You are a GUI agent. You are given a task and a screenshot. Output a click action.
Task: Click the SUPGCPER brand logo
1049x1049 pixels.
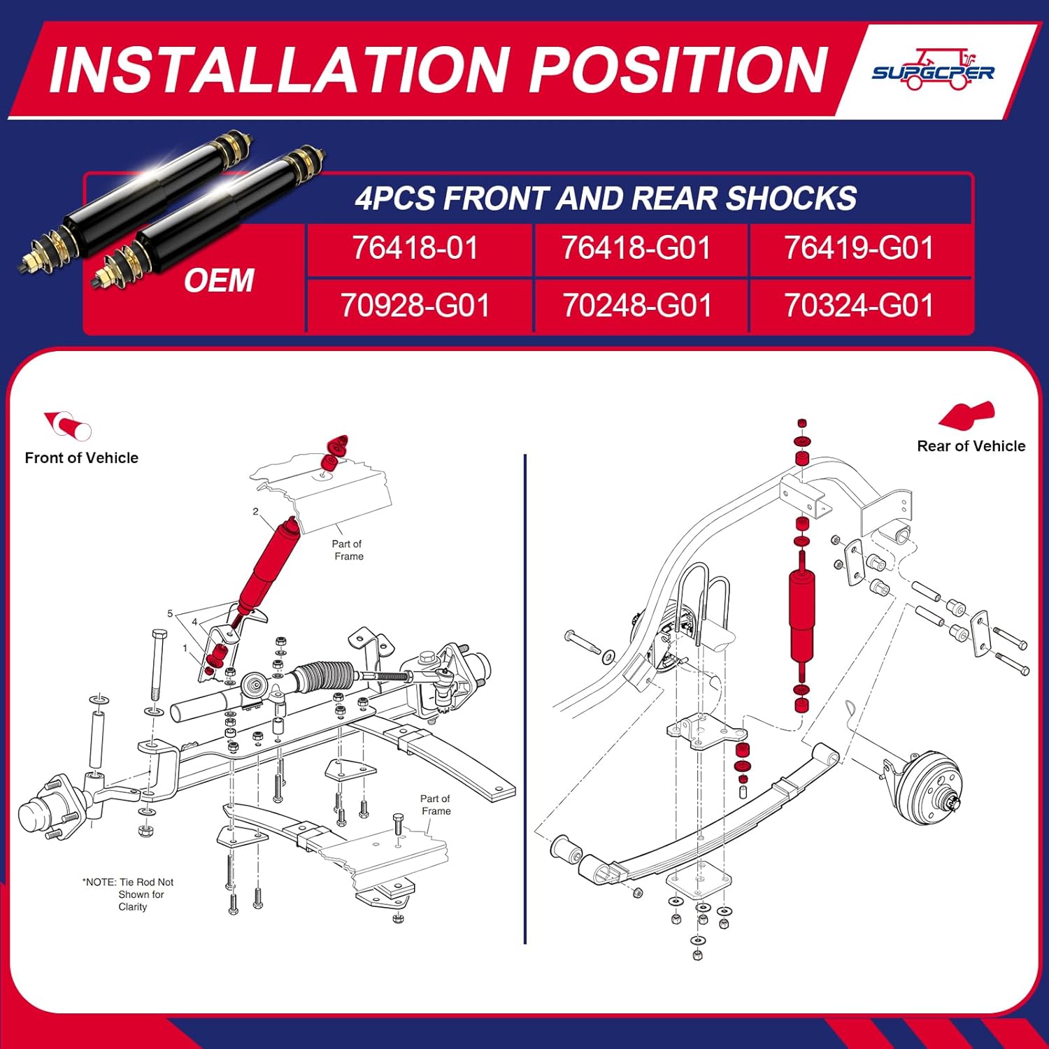(x=933, y=71)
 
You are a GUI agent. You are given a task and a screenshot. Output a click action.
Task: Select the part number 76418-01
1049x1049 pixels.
(x=415, y=248)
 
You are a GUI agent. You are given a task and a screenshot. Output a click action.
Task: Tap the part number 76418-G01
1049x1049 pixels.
(x=636, y=248)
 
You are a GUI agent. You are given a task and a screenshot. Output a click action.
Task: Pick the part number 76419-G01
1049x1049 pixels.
(x=858, y=248)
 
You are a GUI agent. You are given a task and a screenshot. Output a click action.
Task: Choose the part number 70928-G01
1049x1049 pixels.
(x=415, y=306)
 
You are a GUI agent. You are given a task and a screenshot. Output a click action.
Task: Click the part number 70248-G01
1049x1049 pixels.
(x=636, y=306)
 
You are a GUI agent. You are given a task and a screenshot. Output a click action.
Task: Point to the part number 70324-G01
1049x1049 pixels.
(x=858, y=306)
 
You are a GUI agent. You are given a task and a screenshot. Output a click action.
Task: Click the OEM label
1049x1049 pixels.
(x=219, y=280)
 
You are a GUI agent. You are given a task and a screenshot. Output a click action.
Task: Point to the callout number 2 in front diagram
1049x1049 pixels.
(x=255, y=512)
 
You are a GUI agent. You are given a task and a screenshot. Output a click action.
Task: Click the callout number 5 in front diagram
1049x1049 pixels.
(x=170, y=613)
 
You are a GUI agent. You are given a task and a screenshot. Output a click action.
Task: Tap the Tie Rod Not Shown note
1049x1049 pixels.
(x=129, y=894)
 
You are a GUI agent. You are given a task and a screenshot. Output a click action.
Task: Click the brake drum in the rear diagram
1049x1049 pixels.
(x=930, y=787)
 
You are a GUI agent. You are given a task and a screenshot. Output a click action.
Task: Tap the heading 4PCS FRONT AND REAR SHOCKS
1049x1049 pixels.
(x=606, y=198)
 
